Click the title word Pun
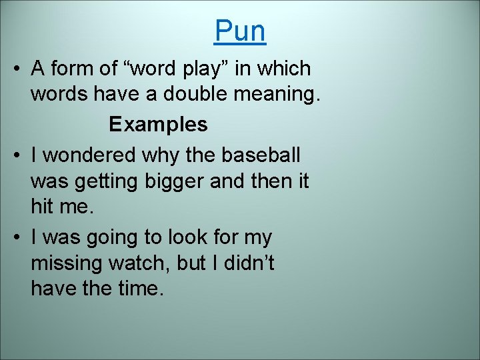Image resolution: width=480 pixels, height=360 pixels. point(240,31)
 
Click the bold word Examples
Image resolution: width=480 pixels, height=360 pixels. point(158,124)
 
